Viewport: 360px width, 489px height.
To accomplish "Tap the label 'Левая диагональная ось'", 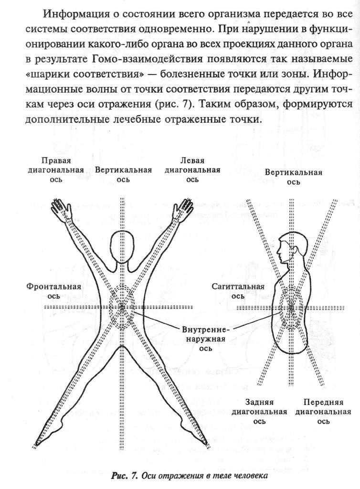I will [192, 170].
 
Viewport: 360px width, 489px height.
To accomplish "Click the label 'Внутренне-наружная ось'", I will [206, 339].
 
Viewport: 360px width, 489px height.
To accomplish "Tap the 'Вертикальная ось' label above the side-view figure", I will [294, 177].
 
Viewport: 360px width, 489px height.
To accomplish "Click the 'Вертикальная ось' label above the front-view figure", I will [123, 174].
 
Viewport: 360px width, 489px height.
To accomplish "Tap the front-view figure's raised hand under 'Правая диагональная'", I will [62, 210].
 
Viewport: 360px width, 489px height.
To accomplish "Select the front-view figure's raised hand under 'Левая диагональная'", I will [183, 210].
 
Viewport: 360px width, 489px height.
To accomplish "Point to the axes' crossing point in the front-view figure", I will [123, 308].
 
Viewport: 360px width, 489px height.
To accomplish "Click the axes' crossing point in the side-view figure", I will [291, 308].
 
